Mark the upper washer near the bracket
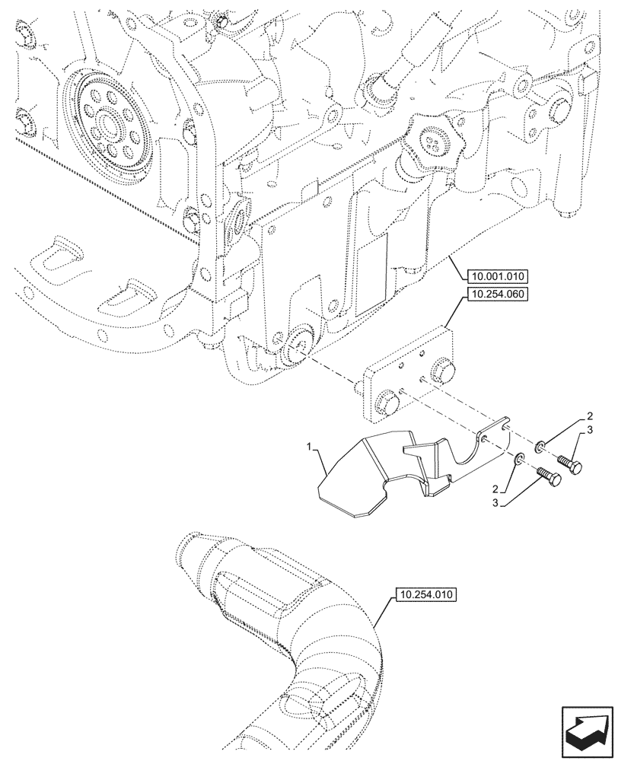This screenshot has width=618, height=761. click(x=539, y=446)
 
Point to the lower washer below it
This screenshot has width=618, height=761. click(x=518, y=458)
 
